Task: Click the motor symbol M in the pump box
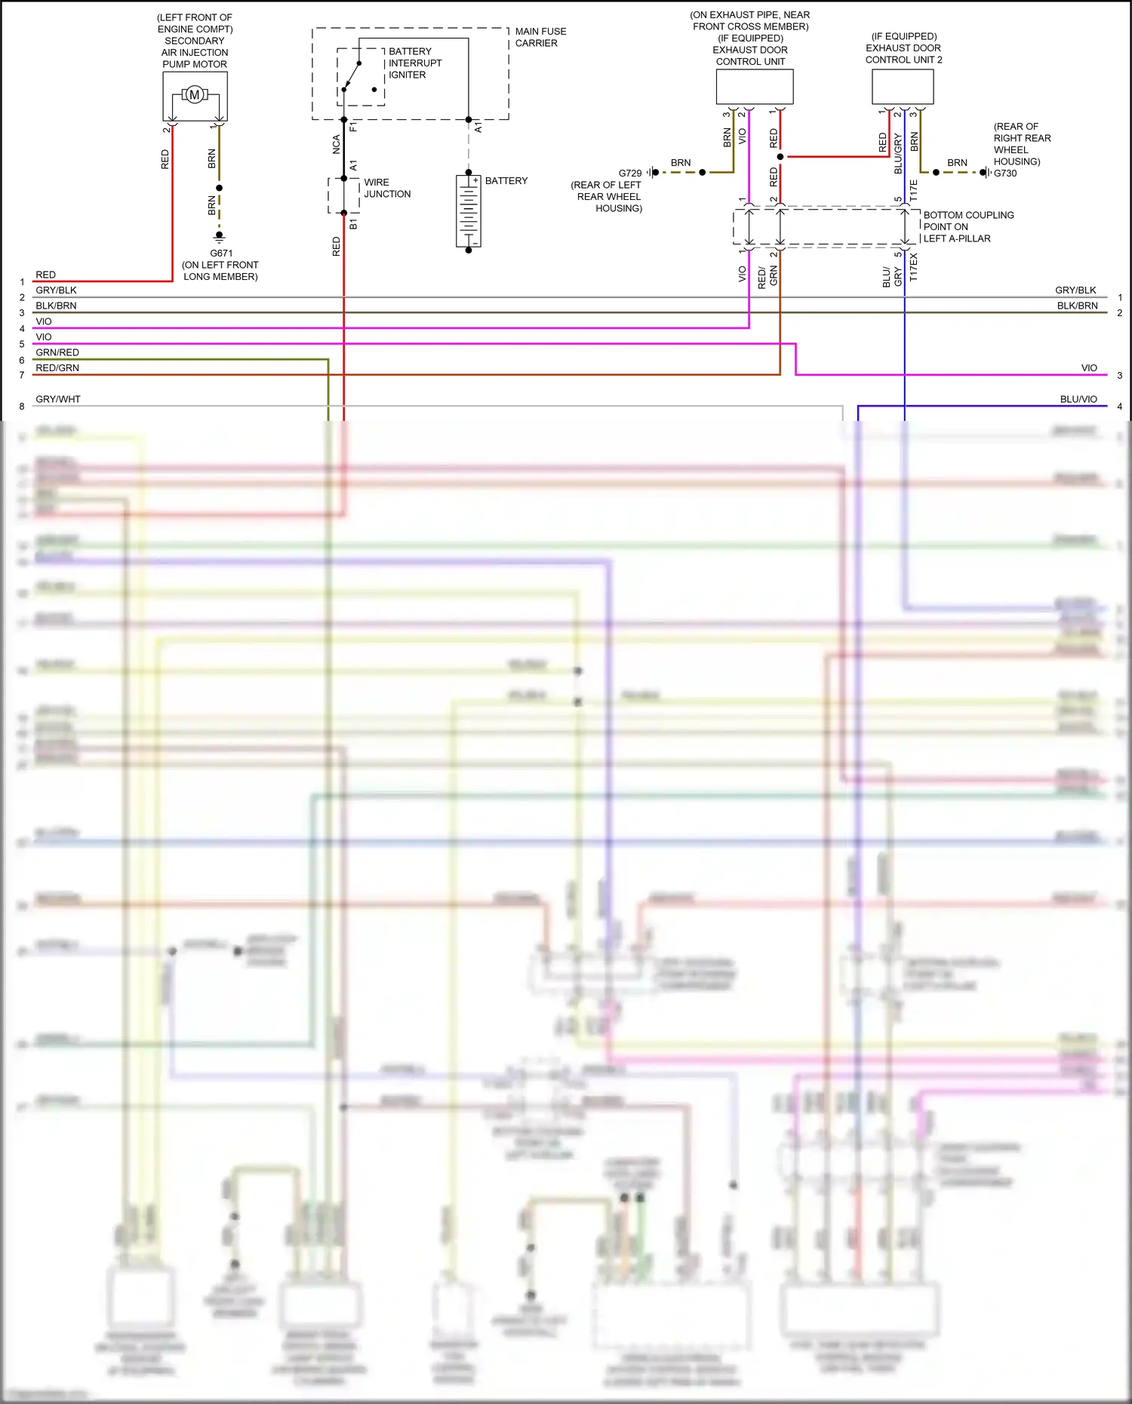coord(195,95)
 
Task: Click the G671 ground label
coord(221,253)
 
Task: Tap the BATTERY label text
coord(506,181)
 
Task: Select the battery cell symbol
coord(468,211)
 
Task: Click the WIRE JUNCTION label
coord(387,188)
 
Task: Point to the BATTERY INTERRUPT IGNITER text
coord(414,63)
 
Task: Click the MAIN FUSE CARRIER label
coord(540,37)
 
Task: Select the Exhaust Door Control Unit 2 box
coord(903,87)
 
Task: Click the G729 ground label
coord(630,173)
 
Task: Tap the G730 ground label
coord(1005,174)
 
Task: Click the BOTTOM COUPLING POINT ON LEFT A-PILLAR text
coord(967,226)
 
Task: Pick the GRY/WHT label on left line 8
coord(58,399)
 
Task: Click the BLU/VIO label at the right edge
coord(1078,399)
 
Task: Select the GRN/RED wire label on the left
coord(57,352)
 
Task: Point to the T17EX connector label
coord(914,267)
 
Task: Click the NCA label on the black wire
coord(336,144)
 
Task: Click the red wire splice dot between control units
coord(780,157)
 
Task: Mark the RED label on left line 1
coord(45,275)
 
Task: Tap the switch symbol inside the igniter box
coord(352,76)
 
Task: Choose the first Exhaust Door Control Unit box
coord(754,87)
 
